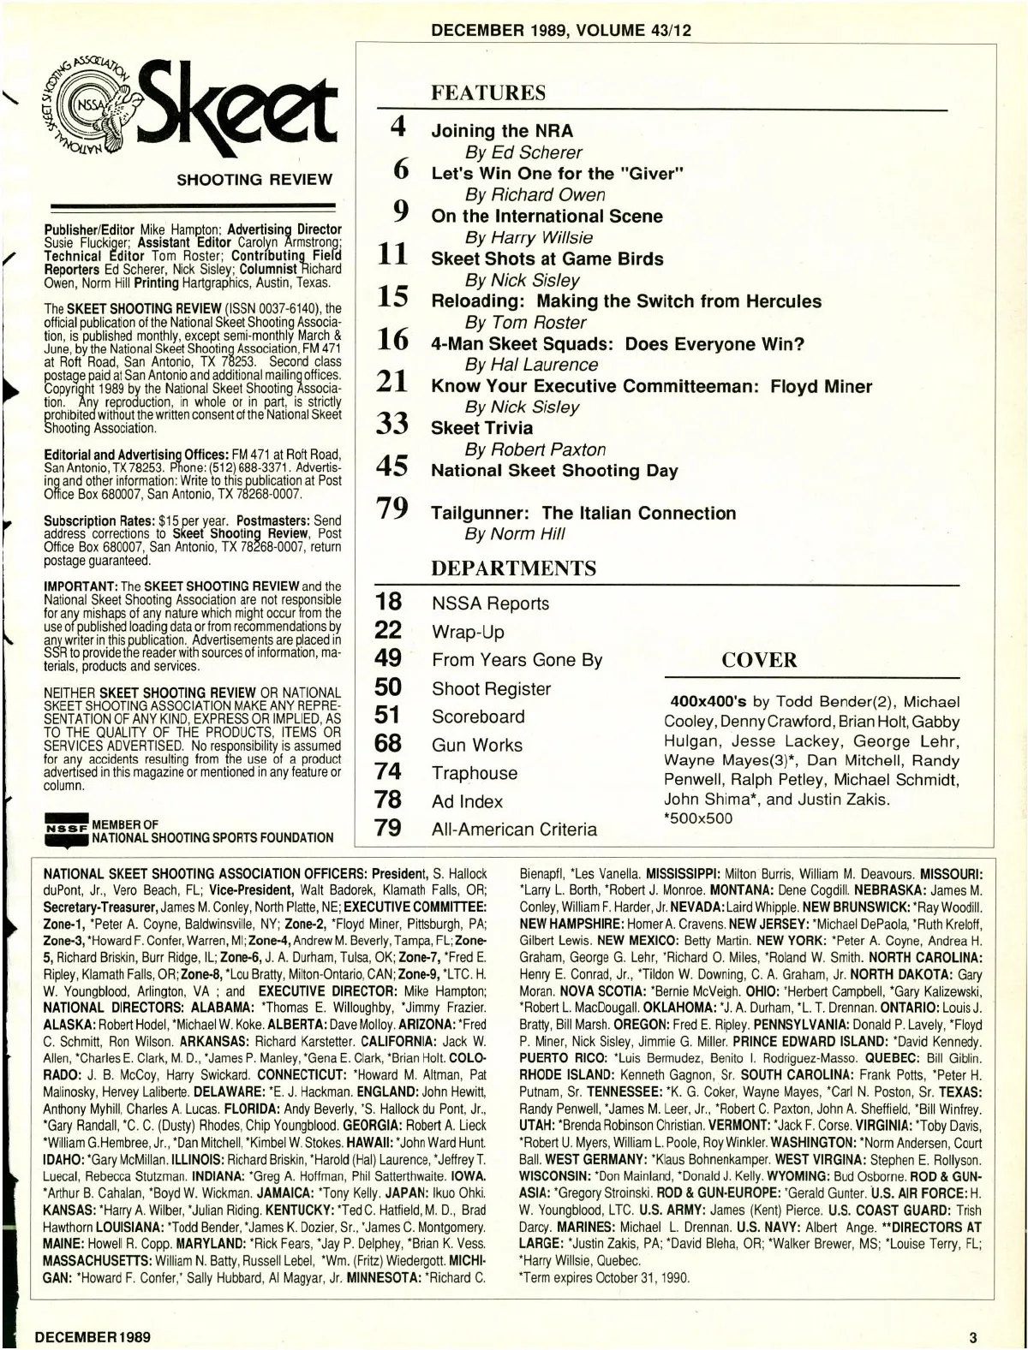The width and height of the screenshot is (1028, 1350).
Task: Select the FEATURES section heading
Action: coord(487,93)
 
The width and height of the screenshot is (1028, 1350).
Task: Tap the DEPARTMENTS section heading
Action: coord(513,568)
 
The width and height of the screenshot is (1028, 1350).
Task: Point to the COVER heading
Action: coord(759,660)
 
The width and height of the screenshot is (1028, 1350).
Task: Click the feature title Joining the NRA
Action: coord(502,131)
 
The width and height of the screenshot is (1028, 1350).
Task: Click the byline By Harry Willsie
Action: coord(528,237)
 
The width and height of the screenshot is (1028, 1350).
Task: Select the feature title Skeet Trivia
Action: coord(481,428)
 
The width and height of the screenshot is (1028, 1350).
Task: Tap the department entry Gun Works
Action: coord(476,745)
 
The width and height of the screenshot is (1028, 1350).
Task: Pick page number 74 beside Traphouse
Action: coord(388,771)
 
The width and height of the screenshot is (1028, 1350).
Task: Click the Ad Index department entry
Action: coord(467,801)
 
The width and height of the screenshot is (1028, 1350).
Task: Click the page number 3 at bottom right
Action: coord(972,1336)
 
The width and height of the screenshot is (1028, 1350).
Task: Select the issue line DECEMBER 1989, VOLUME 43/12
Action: coord(561,31)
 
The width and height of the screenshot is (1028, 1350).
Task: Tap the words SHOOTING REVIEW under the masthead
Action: coord(254,180)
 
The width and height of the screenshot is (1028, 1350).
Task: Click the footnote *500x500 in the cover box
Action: coord(698,818)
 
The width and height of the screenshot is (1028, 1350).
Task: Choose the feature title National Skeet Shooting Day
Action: coord(554,471)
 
